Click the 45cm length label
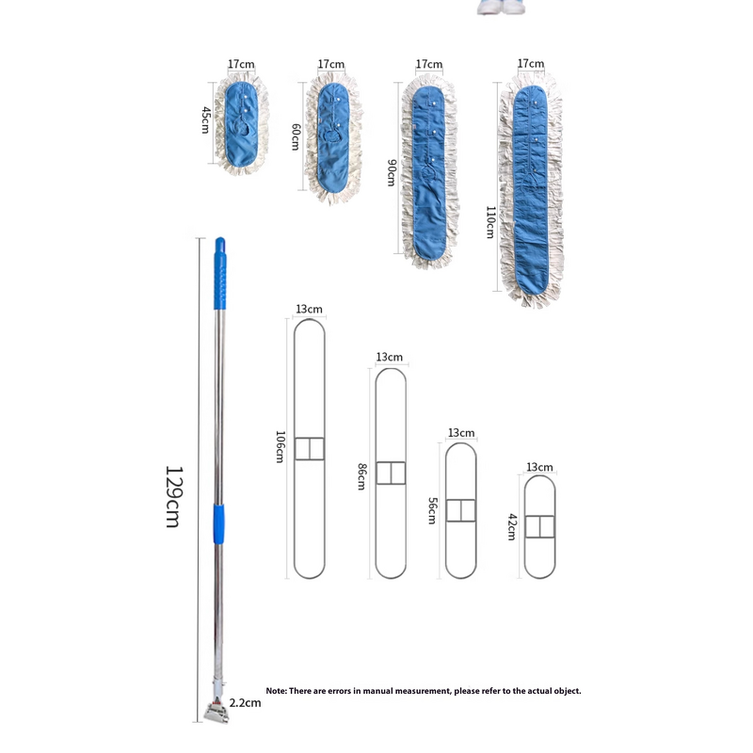205,119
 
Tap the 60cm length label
296,137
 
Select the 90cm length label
391,172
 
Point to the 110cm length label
489,222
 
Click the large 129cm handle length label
172,496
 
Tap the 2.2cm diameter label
245,701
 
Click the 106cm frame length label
280,446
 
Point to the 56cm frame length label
431,510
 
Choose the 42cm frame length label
512,526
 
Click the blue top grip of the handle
221,268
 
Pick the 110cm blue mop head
533,188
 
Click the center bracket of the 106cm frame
309,449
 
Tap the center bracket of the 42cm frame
540,526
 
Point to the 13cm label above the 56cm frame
461,433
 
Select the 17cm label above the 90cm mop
428,64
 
